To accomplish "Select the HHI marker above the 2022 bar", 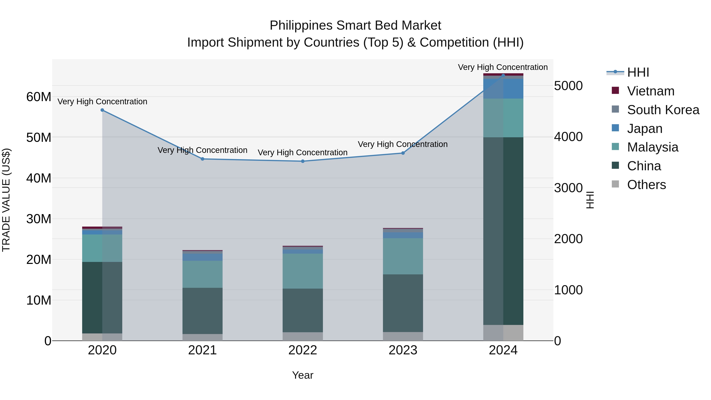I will pyautogui.click(x=303, y=161).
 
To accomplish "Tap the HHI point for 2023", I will pyautogui.click(x=403, y=153).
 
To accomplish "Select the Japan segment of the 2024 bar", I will pyautogui.click(x=503, y=89).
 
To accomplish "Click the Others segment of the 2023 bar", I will pyautogui.click(x=403, y=336).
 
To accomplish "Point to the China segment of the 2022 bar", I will pyautogui.click(x=303, y=310).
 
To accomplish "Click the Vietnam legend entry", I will pyautogui.click(x=650, y=91).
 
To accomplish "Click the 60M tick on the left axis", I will pyautogui.click(x=39, y=97).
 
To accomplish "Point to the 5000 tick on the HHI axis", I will pyautogui.click(x=568, y=86).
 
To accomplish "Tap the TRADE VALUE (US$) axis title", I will pyautogui.click(x=6, y=200).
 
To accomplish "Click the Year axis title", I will pyautogui.click(x=303, y=375).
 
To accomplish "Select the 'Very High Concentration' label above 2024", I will pyautogui.click(x=503, y=67).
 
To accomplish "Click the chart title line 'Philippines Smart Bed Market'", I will pyautogui.click(x=355, y=25).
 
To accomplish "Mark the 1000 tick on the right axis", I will pyautogui.click(x=568, y=290).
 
